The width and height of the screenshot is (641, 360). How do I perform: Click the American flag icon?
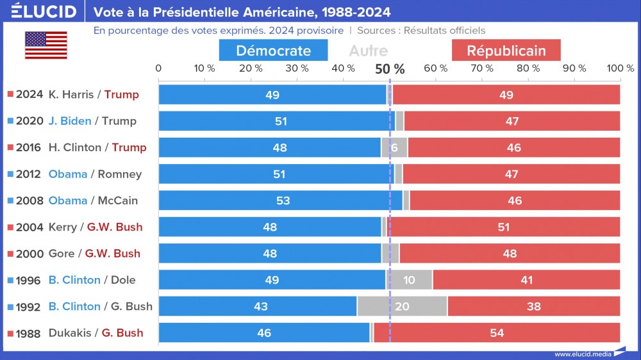(46, 45)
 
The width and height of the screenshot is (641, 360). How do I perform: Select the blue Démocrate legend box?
(273, 51)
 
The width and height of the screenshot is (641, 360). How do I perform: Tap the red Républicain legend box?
(506, 51)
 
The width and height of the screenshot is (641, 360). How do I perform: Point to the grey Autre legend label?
(368, 51)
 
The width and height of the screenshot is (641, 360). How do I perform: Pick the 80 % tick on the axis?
(528, 68)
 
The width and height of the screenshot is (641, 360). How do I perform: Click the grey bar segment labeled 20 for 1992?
(402, 306)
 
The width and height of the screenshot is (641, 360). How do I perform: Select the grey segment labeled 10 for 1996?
(409, 280)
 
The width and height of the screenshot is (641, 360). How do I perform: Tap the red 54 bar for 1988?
(496, 332)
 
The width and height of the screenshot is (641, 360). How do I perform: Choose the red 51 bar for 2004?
(503, 227)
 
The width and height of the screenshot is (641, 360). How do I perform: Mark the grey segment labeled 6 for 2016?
(394, 148)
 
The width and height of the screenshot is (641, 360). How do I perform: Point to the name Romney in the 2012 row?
(120, 174)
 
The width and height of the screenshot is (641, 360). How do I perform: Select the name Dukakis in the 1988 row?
(70, 332)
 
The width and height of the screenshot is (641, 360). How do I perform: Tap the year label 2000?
(29, 253)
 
